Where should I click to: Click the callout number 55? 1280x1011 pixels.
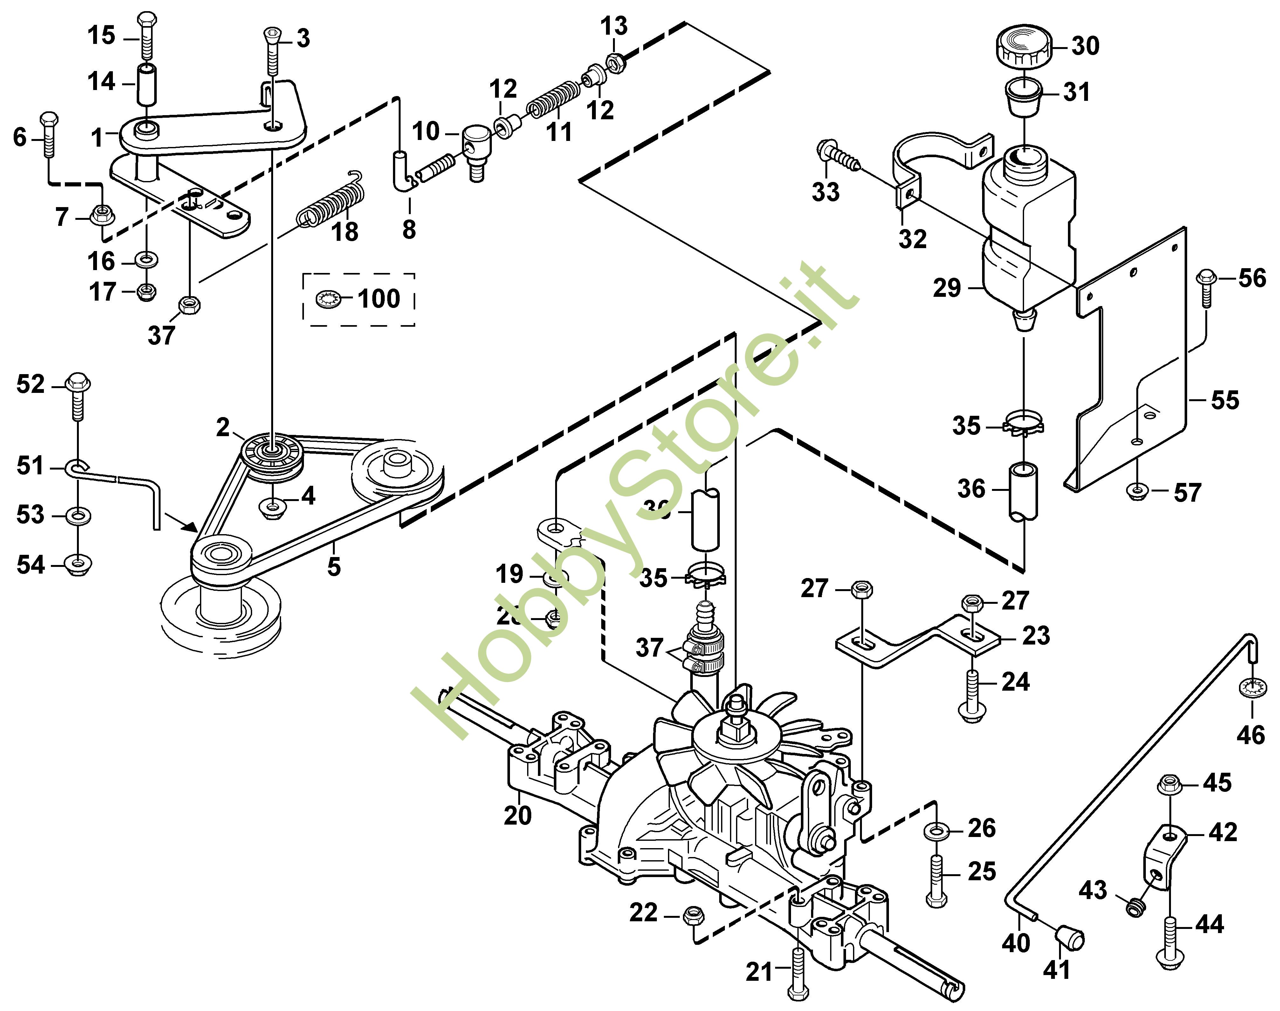pos(1224,400)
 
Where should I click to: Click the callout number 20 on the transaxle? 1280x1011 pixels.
pos(518,816)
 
